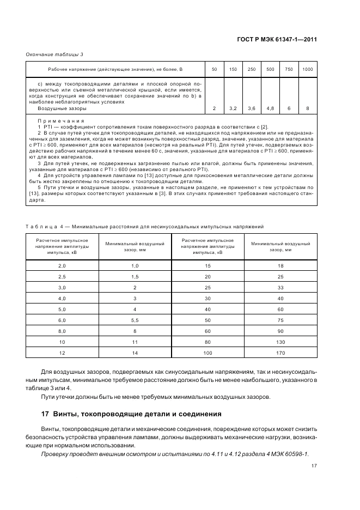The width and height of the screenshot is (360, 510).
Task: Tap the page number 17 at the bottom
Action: pyautogui.click(x=314, y=466)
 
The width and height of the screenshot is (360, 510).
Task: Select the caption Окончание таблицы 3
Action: pyautogui.click(x=55, y=53)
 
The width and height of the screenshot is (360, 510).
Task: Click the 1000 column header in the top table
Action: pyautogui.click(x=308, y=69)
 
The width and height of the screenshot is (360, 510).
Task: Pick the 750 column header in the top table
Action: pyautogui.click(x=289, y=69)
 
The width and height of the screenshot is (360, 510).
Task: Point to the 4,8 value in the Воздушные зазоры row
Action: pyautogui.click(x=270, y=108)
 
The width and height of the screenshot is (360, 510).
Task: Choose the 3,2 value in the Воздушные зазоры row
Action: pyautogui.click(x=233, y=108)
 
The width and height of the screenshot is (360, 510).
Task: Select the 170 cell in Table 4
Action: pyautogui.click(x=280, y=353)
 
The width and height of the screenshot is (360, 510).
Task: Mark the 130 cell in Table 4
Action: pyautogui.click(x=280, y=342)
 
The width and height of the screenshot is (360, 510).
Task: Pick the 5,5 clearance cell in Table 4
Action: pyautogui.click(x=135, y=320)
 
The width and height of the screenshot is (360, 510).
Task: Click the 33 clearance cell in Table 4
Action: pyautogui.click(x=280, y=287)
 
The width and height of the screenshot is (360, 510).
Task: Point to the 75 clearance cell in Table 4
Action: pyautogui.click(x=280, y=320)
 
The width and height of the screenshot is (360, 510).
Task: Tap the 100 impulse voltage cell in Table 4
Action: pyautogui.click(x=208, y=353)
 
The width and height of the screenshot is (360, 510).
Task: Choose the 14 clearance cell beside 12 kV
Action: pyautogui.click(x=135, y=353)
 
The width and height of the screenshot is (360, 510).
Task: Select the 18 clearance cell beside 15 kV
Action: pyautogui.click(x=280, y=265)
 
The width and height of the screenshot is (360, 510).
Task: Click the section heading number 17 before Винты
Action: pyautogui.click(x=46, y=414)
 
